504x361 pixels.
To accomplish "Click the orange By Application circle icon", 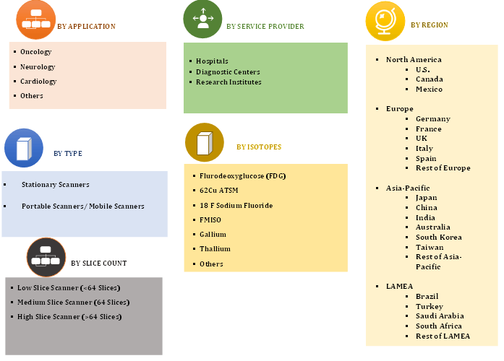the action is click(x=35, y=20).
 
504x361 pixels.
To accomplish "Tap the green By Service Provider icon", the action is click(x=202, y=19).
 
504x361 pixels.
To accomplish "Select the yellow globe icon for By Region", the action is click(x=385, y=21).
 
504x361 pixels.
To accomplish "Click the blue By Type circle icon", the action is click(x=24, y=148).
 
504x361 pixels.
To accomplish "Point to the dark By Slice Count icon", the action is click(x=46, y=257).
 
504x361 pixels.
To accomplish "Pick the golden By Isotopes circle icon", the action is click(x=205, y=142).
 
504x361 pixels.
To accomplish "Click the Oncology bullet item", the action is click(x=35, y=52).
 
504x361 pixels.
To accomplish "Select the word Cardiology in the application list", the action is click(x=38, y=82).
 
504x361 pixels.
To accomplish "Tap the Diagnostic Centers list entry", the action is click(x=228, y=72).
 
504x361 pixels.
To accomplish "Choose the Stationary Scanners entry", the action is click(x=55, y=185).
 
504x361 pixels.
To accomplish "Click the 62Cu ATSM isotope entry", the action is click(x=219, y=191).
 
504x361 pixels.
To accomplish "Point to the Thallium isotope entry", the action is click(x=215, y=248).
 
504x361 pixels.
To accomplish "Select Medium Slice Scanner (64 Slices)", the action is click(x=73, y=303).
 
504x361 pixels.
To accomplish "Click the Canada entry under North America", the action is click(x=430, y=79).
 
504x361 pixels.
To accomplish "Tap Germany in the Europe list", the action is click(x=433, y=119).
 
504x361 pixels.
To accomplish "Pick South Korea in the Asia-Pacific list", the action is click(x=439, y=237).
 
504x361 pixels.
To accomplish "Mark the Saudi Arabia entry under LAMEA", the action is click(x=440, y=316).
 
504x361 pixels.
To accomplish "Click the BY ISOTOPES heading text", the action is click(x=259, y=147).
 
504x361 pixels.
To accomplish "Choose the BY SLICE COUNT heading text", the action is click(x=98, y=263).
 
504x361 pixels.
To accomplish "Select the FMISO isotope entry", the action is click(x=210, y=219).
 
